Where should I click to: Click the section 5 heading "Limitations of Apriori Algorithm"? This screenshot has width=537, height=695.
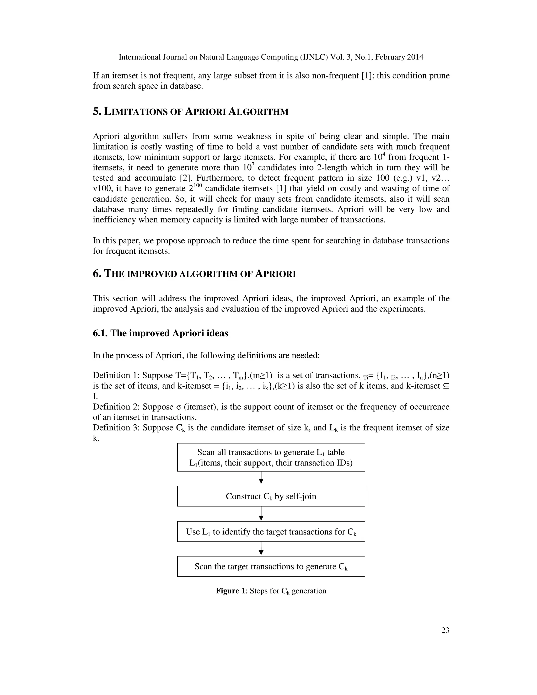pyautogui.click(x=191, y=112)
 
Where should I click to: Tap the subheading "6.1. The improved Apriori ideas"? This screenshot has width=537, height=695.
pyautogui.click(x=160, y=333)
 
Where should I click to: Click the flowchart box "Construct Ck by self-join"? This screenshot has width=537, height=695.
pyautogui.click(x=271, y=496)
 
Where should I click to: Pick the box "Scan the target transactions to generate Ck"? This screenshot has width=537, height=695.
pyautogui.click(x=271, y=567)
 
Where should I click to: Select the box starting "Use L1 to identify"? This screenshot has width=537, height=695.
pyautogui.click(x=271, y=532)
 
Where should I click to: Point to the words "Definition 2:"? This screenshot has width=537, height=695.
pyautogui.click(x=116, y=407)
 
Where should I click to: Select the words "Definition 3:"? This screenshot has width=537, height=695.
pyautogui.click(x=116, y=428)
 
